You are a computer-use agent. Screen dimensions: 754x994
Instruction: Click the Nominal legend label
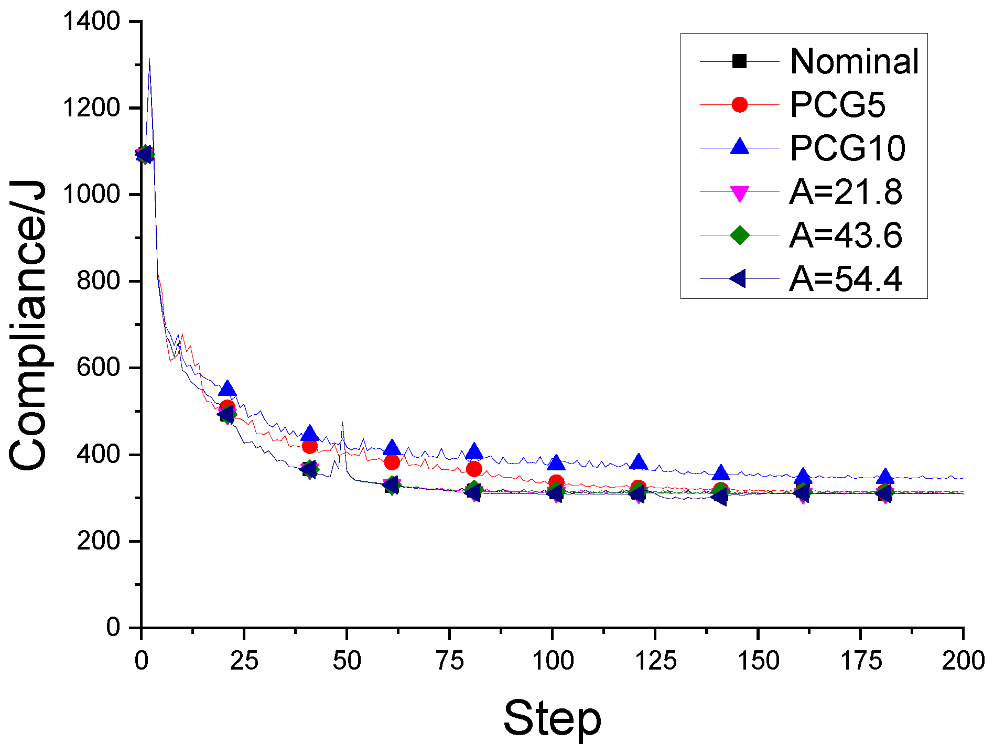(854, 61)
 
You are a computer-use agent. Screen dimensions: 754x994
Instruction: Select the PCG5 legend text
(837, 105)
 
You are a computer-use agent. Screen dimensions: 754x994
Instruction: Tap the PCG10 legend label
(847, 148)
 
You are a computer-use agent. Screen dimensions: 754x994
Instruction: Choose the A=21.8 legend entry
(846, 192)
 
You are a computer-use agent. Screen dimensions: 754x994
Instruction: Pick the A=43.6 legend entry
(846, 235)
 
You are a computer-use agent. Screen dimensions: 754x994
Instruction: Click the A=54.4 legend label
(846, 279)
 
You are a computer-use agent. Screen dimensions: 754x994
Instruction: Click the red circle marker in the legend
(739, 105)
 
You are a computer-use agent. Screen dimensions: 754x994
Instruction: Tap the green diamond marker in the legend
(739, 235)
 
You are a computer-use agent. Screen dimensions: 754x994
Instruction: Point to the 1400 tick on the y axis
(92, 21)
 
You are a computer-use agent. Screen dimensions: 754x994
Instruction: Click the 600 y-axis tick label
(99, 368)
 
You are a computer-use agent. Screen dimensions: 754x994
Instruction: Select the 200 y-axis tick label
(99, 541)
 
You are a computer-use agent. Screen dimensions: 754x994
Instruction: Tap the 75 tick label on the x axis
(450, 661)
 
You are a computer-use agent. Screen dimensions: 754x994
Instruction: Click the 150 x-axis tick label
(758, 661)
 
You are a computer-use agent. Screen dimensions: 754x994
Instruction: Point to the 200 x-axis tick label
(963, 661)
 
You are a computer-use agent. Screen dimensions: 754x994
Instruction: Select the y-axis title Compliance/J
(29, 325)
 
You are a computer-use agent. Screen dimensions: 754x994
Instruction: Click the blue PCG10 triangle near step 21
(227, 389)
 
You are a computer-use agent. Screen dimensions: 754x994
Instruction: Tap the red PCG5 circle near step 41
(309, 446)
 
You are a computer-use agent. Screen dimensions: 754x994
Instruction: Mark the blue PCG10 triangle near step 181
(885, 477)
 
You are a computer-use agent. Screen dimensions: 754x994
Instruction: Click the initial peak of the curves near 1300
(149, 60)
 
